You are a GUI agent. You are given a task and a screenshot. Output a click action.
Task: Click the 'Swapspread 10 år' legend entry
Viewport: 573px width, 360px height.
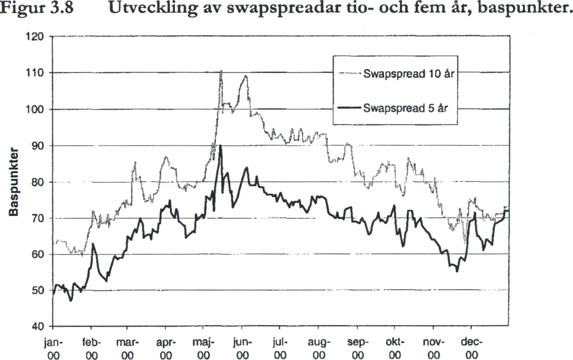tap(408, 74)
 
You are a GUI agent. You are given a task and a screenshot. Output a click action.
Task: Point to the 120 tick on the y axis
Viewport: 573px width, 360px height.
tap(37, 37)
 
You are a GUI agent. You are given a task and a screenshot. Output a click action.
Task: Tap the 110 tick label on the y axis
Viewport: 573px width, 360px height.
tap(37, 73)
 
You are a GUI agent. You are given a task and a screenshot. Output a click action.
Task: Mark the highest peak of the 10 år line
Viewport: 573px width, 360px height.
tap(221, 71)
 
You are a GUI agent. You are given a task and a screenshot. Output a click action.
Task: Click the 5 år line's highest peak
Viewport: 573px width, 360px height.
tap(220, 146)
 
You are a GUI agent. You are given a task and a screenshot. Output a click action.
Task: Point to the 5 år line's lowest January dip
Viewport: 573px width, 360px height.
tap(71, 301)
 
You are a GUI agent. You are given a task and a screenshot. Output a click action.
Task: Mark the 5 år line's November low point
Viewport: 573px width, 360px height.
tap(457, 271)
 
